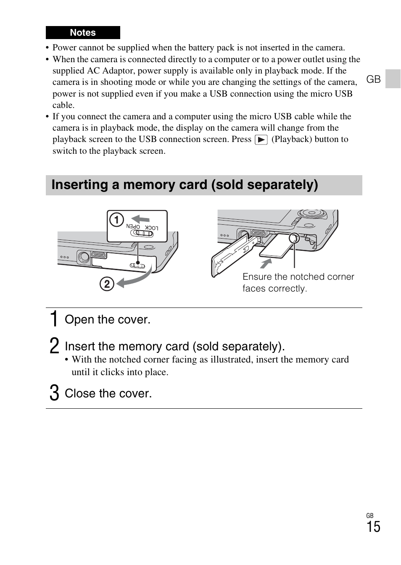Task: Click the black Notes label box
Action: (83, 33)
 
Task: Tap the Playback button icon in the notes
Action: (261, 140)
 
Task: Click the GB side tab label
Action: (373, 79)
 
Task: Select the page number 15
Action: (373, 527)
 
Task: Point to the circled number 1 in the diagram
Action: (116, 220)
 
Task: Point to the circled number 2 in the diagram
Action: (107, 284)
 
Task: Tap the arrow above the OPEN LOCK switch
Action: (140, 219)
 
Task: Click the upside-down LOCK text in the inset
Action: (152, 227)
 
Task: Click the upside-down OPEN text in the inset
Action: (133, 226)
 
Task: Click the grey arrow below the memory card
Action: (266, 263)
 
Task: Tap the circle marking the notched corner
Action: (294, 238)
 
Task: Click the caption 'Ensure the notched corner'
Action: (298, 277)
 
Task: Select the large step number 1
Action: (54, 319)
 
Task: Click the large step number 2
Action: (54, 346)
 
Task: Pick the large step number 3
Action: (54, 393)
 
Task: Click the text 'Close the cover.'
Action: (108, 394)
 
